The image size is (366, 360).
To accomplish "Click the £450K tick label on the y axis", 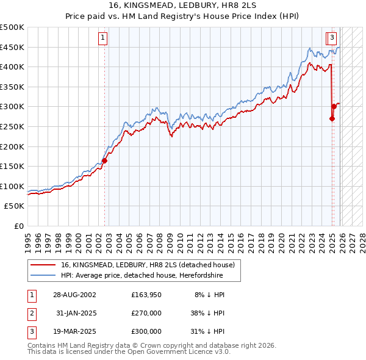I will pos(12,47).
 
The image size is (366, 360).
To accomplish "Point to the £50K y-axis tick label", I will pos(15,206).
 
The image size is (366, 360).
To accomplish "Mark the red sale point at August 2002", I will pos(105,161).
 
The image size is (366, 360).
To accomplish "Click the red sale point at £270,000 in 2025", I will pos(332,119).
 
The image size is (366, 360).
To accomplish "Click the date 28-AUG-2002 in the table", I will pos(74,295).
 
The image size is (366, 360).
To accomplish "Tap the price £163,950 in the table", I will pos(146,295).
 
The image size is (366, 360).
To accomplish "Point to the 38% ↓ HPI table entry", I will pos(206,313).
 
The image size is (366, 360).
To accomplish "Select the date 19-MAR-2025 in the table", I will pos(74,331).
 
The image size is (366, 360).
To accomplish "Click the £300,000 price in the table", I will pos(146,331).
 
